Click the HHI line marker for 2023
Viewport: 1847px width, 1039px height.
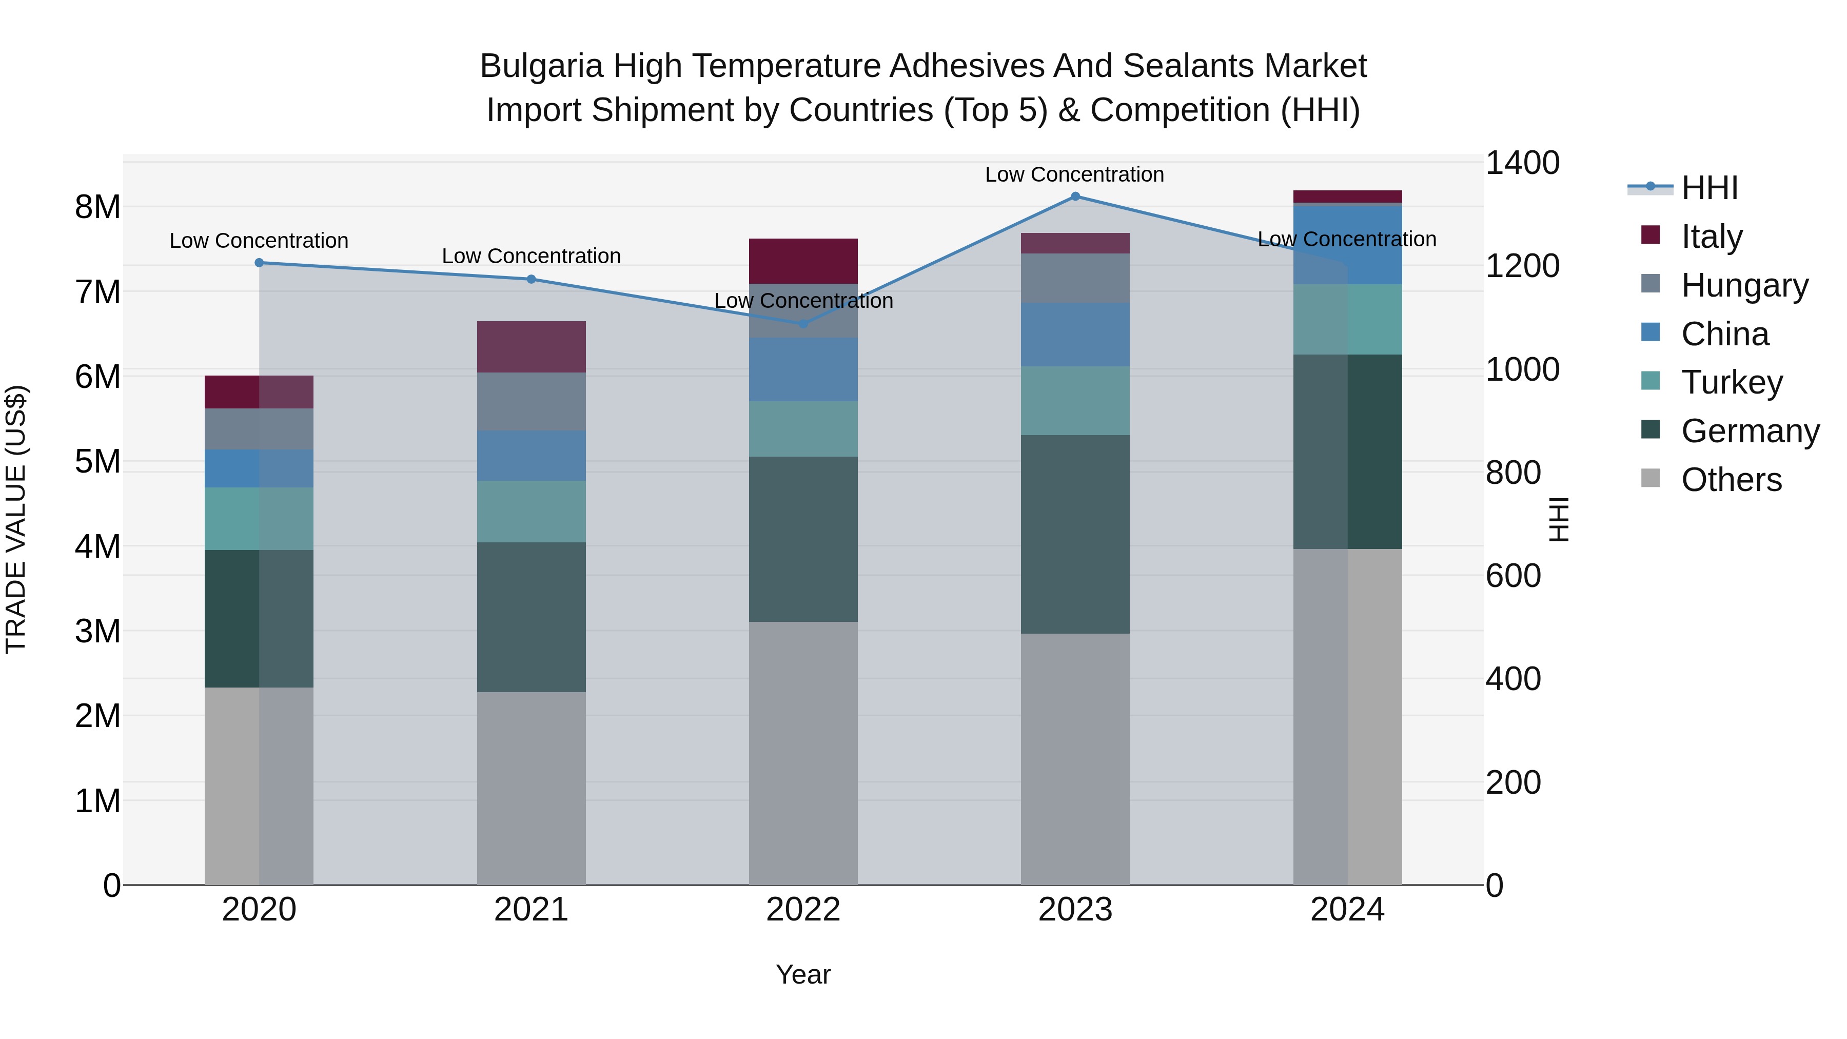click(1075, 197)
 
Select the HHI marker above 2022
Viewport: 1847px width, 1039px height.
click(803, 324)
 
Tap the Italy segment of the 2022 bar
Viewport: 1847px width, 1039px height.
click(803, 261)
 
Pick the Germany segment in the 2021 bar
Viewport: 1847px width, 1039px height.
click(532, 617)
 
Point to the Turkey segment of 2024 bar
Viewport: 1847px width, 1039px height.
click(1347, 319)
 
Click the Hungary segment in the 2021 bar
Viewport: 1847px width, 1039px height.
click(532, 402)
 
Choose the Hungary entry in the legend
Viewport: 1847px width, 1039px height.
click(1744, 285)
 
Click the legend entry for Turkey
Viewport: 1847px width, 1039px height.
click(1731, 382)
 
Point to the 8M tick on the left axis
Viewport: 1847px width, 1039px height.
click(97, 207)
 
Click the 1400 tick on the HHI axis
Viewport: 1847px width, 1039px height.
click(1522, 163)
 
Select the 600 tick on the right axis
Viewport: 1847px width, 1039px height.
click(1513, 576)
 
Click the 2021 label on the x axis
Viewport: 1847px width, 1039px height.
click(532, 910)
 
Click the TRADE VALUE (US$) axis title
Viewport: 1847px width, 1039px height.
click(16, 519)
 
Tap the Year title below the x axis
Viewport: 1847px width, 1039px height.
click(803, 974)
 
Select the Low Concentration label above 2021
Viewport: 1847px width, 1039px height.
click(532, 256)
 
